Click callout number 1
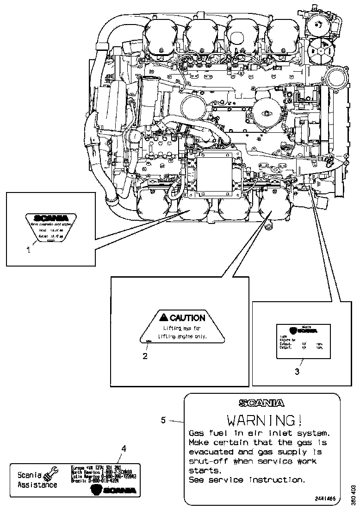coord(28,250)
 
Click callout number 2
coord(145,356)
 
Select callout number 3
coord(297,371)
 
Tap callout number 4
coord(123,448)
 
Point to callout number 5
coord(163,420)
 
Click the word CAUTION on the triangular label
coord(187,318)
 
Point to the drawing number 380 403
coord(354,495)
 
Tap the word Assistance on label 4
coord(37,485)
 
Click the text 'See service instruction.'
coord(247,480)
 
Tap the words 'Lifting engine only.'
coord(182,336)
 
